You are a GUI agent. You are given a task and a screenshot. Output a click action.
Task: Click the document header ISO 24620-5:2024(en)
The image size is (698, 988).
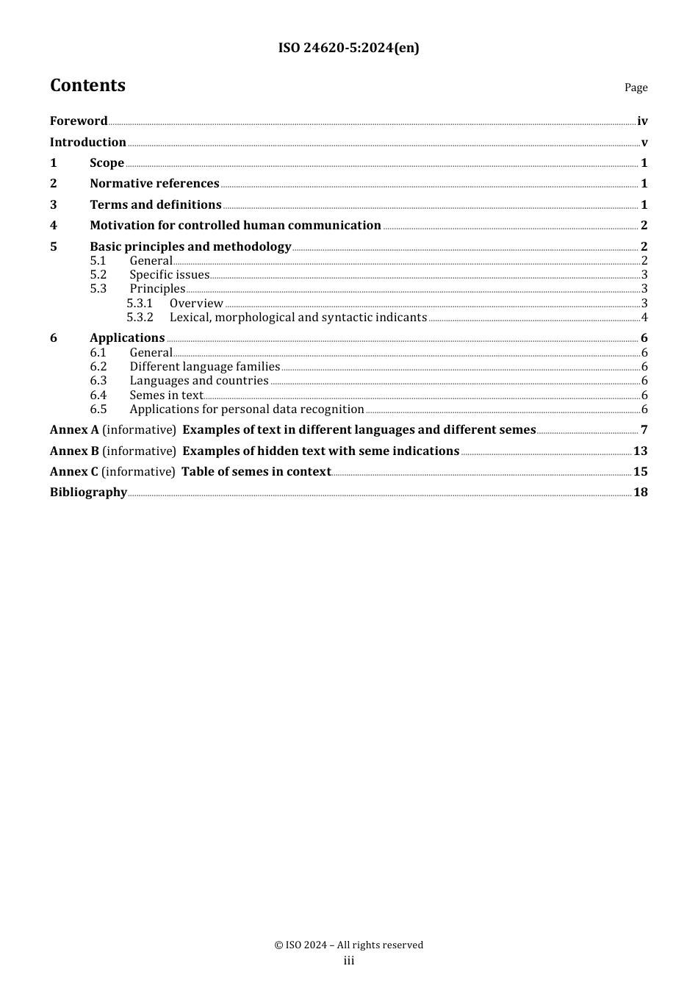348,49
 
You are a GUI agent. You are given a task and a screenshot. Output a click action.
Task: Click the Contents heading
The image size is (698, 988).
87,85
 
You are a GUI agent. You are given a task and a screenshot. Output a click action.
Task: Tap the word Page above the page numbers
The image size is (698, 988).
636,87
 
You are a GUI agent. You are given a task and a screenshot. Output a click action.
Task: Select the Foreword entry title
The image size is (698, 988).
79,121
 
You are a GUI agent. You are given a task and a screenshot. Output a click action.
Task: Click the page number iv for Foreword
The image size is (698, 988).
642,121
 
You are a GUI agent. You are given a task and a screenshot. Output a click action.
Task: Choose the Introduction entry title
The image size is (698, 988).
87,142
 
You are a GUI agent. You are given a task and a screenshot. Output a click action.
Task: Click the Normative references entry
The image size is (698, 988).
154,184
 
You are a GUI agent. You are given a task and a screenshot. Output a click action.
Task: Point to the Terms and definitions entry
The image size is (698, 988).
155,204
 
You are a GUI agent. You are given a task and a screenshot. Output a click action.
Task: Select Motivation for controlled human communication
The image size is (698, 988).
235,226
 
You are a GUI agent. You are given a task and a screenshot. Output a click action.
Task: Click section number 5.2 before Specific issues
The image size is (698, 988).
98,275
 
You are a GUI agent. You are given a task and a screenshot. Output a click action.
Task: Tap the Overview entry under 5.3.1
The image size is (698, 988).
196,304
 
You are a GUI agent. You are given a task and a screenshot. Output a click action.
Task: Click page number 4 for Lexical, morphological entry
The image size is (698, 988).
644,318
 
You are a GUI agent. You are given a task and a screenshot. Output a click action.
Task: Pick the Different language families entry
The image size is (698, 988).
204,367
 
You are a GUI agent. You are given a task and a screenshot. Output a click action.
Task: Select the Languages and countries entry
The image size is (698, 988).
198,381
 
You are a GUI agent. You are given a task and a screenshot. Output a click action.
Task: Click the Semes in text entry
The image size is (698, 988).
166,395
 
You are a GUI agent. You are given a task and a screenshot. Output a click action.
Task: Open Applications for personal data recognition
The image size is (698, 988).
246,409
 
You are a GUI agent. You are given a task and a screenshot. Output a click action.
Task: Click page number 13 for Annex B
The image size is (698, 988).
640,451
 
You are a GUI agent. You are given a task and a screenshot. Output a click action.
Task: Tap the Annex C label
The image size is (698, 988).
73,472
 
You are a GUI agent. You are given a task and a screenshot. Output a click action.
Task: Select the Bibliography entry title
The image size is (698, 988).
88,493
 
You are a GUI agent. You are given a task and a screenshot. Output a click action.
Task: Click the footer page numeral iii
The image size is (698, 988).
349,961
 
